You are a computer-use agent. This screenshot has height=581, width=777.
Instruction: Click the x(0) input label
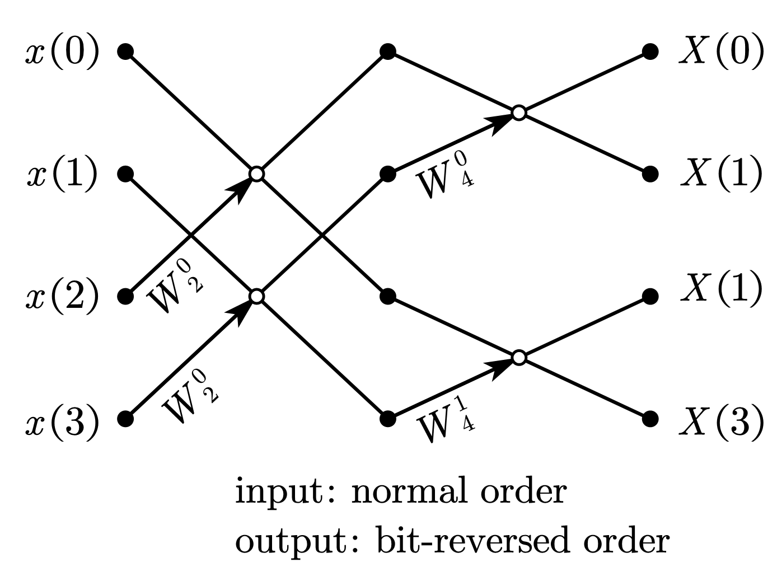pos(62,53)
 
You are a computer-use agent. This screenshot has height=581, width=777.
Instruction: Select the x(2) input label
pos(62,297)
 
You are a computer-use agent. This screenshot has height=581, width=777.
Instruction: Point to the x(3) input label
pos(62,419)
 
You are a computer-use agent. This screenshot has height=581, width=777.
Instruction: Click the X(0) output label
pos(721,53)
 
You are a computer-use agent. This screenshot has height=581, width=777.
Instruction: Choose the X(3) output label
pos(721,419)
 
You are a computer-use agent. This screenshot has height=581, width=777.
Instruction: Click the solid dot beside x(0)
pos(125,52)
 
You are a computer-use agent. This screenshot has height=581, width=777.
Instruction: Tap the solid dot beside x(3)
pos(125,419)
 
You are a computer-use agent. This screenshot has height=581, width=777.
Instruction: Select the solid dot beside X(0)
pos(650,52)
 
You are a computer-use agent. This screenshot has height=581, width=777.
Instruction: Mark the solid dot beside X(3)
pos(650,419)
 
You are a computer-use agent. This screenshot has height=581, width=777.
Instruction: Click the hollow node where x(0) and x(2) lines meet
pos(256,174)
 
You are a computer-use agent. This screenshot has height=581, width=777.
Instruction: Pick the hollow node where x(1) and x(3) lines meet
pos(256,296)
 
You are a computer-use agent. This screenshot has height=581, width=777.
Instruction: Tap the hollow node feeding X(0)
pos(519,113)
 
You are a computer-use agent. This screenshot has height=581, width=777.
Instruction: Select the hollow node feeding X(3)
pos(519,357)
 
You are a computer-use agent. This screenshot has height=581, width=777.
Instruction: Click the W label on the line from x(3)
pos(189,397)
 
